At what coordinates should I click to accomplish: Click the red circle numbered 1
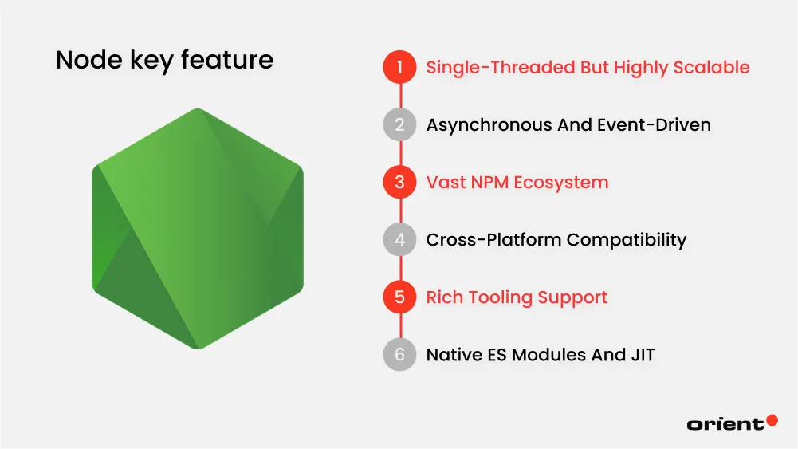coord(399,67)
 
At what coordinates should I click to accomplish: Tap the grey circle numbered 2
coord(399,124)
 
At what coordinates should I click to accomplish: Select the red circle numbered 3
coord(399,183)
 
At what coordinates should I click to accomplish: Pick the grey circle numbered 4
coord(399,239)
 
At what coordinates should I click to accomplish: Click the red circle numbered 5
coord(399,297)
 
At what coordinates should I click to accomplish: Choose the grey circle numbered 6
coord(399,355)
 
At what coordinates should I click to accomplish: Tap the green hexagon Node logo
coord(198,229)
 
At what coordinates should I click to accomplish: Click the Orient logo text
coord(725,424)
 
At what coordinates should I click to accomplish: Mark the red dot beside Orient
coord(771,419)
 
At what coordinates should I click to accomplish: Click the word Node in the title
coord(83,60)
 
